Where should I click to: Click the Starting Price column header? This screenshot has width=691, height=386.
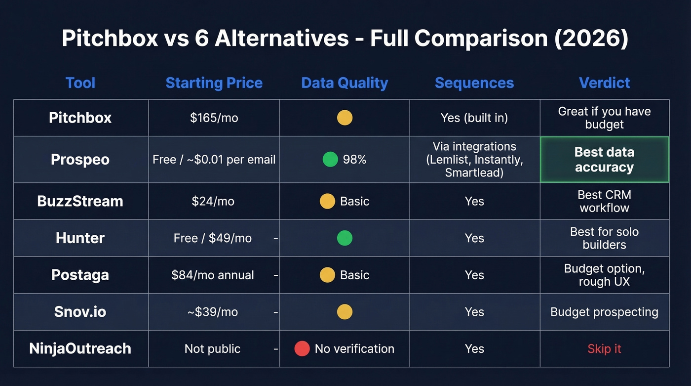pos(214,83)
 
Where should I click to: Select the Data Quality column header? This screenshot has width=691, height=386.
pos(345,83)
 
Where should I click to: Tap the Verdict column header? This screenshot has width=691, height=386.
pos(604,83)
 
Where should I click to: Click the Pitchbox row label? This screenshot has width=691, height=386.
pos(80,118)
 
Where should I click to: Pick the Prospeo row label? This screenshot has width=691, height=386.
pos(80,160)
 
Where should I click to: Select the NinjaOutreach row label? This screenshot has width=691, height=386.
pos(80,348)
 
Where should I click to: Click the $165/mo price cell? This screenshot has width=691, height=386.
pos(214,118)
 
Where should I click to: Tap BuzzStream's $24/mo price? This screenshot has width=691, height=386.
pos(213,201)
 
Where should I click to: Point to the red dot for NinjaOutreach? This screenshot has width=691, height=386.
pos(302,348)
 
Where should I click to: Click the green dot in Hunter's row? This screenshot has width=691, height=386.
pos(345,238)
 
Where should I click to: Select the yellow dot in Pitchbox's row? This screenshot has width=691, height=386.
pos(345,118)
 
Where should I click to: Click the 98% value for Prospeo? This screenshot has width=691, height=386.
pos(354,160)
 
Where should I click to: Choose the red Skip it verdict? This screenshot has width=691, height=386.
pos(604,348)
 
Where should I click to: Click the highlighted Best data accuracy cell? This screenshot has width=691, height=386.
pos(604,160)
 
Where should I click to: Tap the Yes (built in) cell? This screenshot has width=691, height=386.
pos(474,118)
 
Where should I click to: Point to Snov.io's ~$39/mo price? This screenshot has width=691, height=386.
pos(213,312)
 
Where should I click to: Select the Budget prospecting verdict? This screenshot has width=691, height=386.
pos(604,312)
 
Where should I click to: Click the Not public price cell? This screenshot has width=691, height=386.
pos(212,348)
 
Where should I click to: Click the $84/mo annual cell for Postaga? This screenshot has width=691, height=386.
pos(213,275)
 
